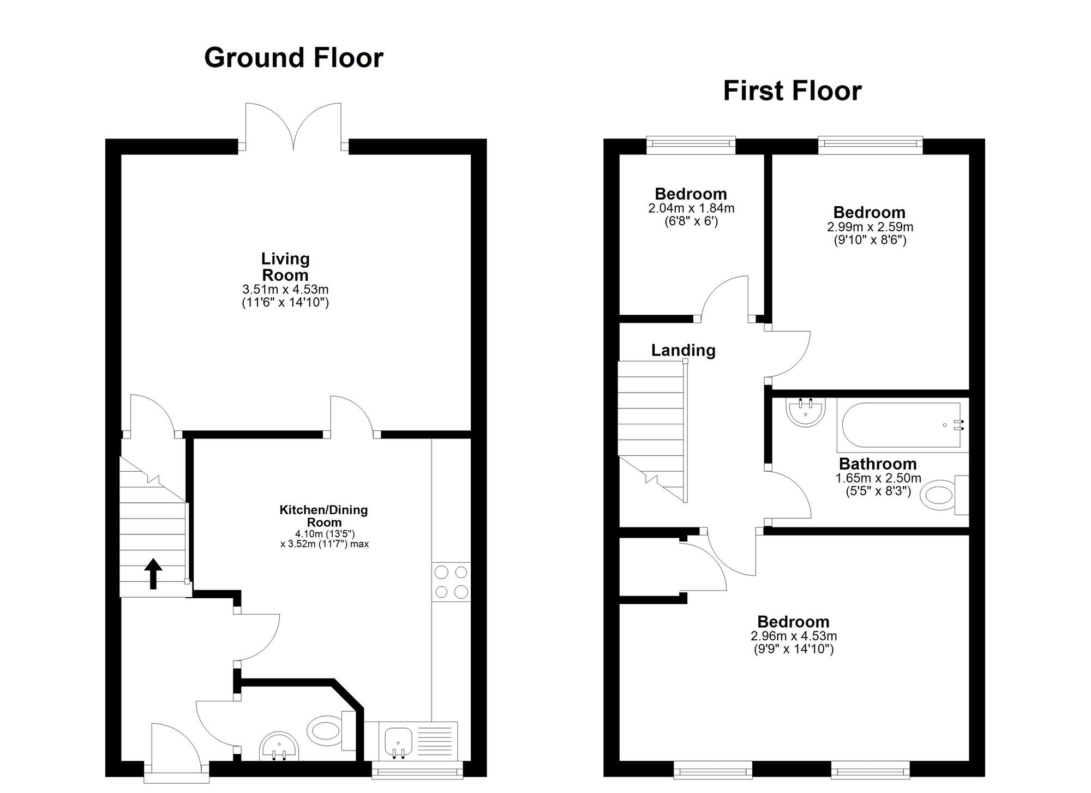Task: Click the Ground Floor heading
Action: click(x=293, y=58)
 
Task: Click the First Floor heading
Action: click(x=792, y=91)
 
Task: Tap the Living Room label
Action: click(x=285, y=267)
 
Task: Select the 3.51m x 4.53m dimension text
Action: click(x=285, y=289)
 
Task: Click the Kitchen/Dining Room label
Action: click(x=324, y=516)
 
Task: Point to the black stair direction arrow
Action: click(x=153, y=574)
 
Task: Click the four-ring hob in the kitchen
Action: click(x=451, y=582)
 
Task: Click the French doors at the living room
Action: click(x=293, y=127)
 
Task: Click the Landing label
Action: click(x=683, y=350)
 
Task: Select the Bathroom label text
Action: click(x=877, y=464)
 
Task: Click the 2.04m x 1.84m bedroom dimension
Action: click(x=691, y=208)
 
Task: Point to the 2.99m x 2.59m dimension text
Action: click(x=870, y=227)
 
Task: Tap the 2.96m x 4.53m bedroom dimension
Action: click(x=794, y=636)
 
